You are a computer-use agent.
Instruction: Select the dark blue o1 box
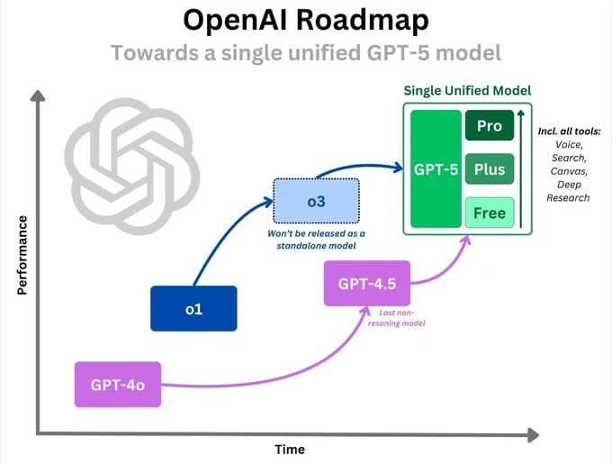193,308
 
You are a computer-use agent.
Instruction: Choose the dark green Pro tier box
489,126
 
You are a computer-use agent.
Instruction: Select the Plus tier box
489,169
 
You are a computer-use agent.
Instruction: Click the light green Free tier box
489,214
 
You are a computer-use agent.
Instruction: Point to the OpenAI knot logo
131,162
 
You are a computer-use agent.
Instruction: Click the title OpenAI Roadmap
305,21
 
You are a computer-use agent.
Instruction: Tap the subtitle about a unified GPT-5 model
305,52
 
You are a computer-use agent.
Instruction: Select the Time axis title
289,449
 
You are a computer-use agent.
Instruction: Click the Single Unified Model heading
467,90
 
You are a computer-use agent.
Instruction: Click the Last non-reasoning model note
397,317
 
